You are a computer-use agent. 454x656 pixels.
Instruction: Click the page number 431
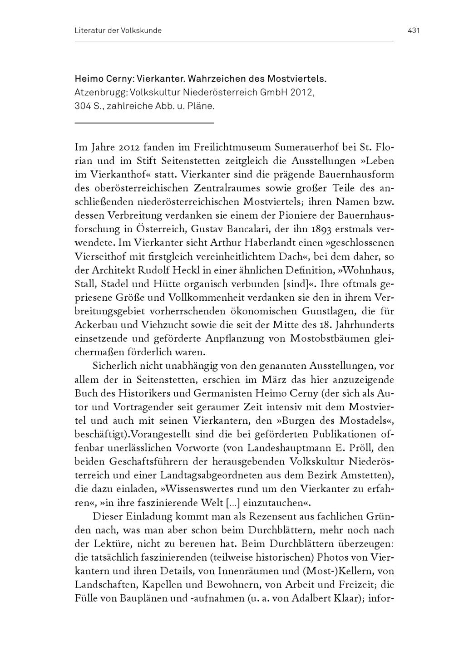point(414,31)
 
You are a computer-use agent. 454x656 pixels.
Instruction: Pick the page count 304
point(83,107)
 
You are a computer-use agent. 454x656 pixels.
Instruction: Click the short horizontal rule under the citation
point(144,123)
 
